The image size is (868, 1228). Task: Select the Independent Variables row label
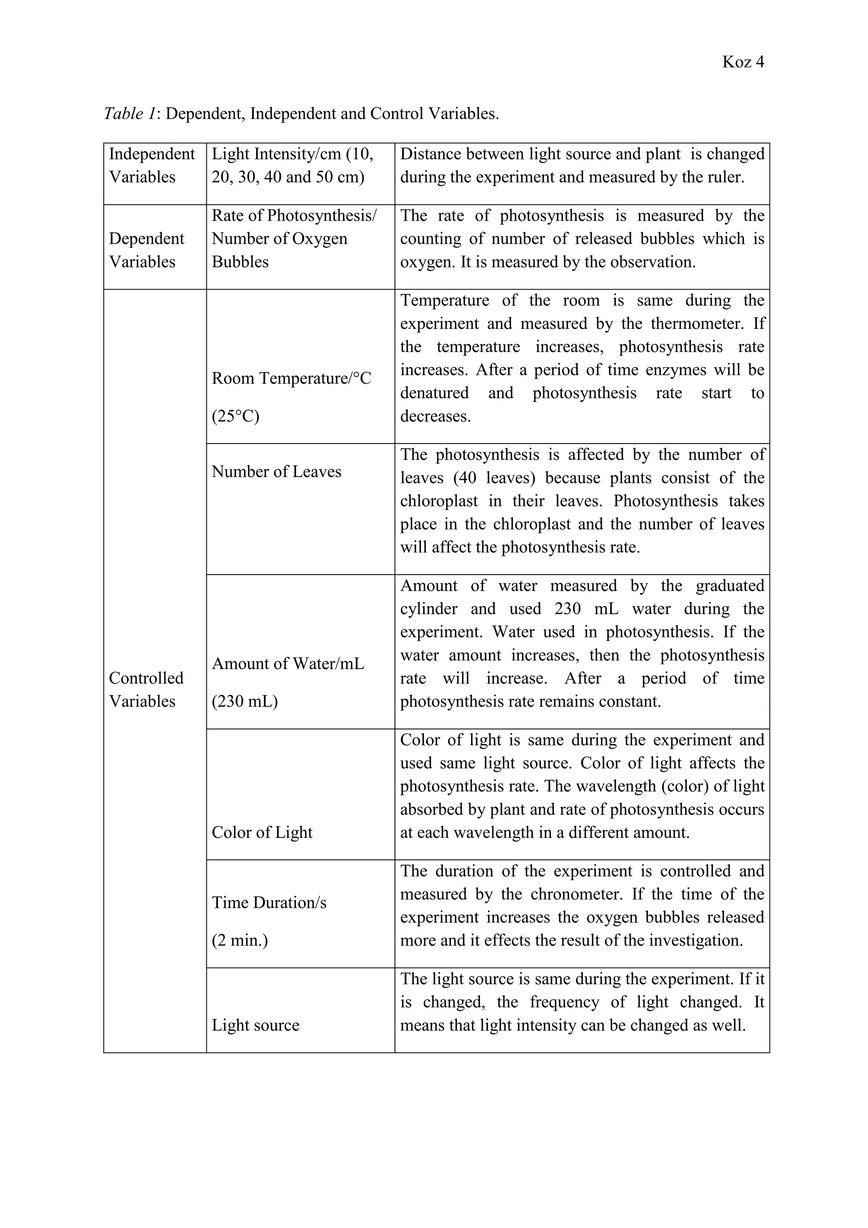[152, 165]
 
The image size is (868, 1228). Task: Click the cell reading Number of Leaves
[276, 471]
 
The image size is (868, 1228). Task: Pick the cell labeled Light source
[255, 1025]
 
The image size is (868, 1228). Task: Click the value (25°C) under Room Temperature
[235, 416]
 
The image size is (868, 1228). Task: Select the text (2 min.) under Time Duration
[239, 940]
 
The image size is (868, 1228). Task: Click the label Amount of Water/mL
[287, 663]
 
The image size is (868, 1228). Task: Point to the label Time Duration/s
[269, 902]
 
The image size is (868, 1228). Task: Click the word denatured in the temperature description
[434, 393]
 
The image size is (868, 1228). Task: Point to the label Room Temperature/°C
[291, 378]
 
